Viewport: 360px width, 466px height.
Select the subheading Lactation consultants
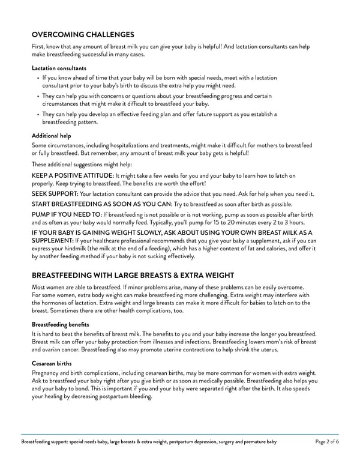[x=59, y=68]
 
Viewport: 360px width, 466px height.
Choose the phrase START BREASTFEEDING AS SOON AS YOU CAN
[x=101, y=204]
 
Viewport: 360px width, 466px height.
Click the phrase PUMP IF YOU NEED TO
[x=67, y=214]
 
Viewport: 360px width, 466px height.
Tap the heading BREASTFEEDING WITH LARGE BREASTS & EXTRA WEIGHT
[x=133, y=276]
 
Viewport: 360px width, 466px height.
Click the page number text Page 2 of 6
[x=326, y=442]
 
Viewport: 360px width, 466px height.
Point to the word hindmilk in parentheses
[x=76, y=249]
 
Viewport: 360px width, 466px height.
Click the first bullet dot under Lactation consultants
[x=38, y=78]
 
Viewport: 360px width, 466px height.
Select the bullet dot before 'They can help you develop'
[x=38, y=114]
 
